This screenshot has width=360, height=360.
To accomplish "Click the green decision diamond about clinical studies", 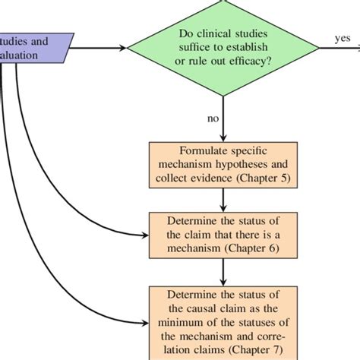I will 223,47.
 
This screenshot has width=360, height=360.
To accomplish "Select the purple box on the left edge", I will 35,47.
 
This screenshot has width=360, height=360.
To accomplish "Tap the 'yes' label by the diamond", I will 341,38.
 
